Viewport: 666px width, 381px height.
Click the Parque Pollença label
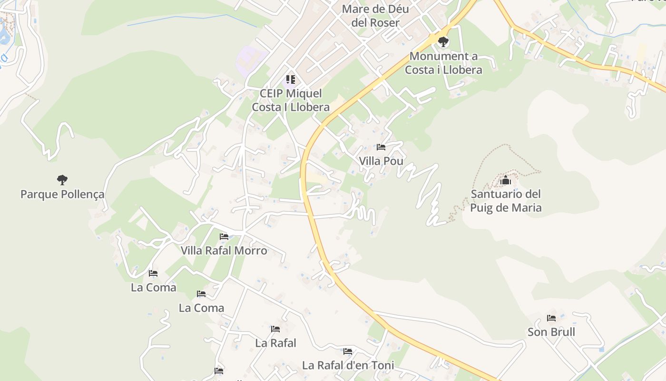pos(62,194)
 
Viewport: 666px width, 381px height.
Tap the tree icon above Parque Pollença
pos(62,180)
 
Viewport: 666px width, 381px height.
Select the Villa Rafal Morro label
pos(224,251)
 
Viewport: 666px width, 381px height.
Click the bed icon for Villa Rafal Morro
pos(224,236)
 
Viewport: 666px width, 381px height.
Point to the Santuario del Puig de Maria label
pos(506,201)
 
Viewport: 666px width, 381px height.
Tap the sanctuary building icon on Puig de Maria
pos(505,180)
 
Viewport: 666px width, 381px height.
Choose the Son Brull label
pos(551,332)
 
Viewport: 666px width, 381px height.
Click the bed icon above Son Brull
pos(551,318)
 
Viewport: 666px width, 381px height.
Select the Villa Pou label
pos(381,161)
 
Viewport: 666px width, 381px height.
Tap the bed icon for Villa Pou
pos(381,147)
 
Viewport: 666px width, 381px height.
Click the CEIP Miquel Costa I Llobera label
pos(291,100)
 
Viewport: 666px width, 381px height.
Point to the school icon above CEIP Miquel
pos(291,79)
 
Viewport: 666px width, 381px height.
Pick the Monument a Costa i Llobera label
pos(443,63)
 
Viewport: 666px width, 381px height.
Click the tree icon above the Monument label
pos(443,42)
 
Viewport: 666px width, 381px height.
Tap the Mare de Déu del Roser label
pos(375,16)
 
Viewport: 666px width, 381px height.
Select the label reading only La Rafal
pos(275,343)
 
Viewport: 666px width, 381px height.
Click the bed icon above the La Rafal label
pos(275,329)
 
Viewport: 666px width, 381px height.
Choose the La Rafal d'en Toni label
pos(348,365)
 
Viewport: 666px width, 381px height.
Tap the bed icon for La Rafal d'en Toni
pos(348,351)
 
